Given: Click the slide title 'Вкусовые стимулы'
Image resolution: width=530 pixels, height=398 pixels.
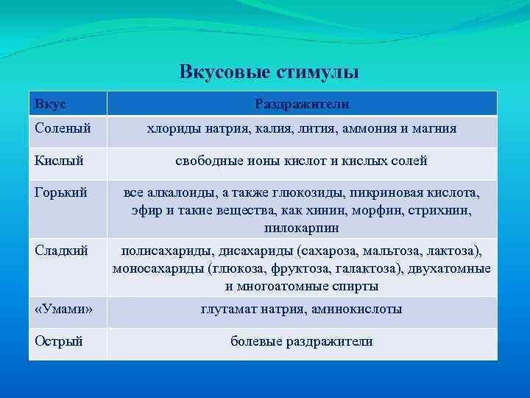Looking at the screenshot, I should tap(269, 72).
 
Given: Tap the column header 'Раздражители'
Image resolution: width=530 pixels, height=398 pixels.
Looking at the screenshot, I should tap(302, 105).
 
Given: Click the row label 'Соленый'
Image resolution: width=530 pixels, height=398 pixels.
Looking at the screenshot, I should tap(63, 128).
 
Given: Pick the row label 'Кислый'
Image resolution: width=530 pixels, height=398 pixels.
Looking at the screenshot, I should tap(59, 161).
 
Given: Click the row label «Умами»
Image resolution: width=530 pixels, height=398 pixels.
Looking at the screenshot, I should tap(63, 310).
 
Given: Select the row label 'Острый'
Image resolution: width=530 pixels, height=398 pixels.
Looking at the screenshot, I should tap(59, 341).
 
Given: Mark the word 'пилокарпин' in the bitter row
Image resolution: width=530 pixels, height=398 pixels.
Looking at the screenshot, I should tap(302, 228).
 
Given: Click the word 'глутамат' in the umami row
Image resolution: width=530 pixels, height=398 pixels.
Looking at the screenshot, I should tap(228, 310).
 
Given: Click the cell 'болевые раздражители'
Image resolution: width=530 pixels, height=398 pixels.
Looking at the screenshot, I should tap(302, 341).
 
